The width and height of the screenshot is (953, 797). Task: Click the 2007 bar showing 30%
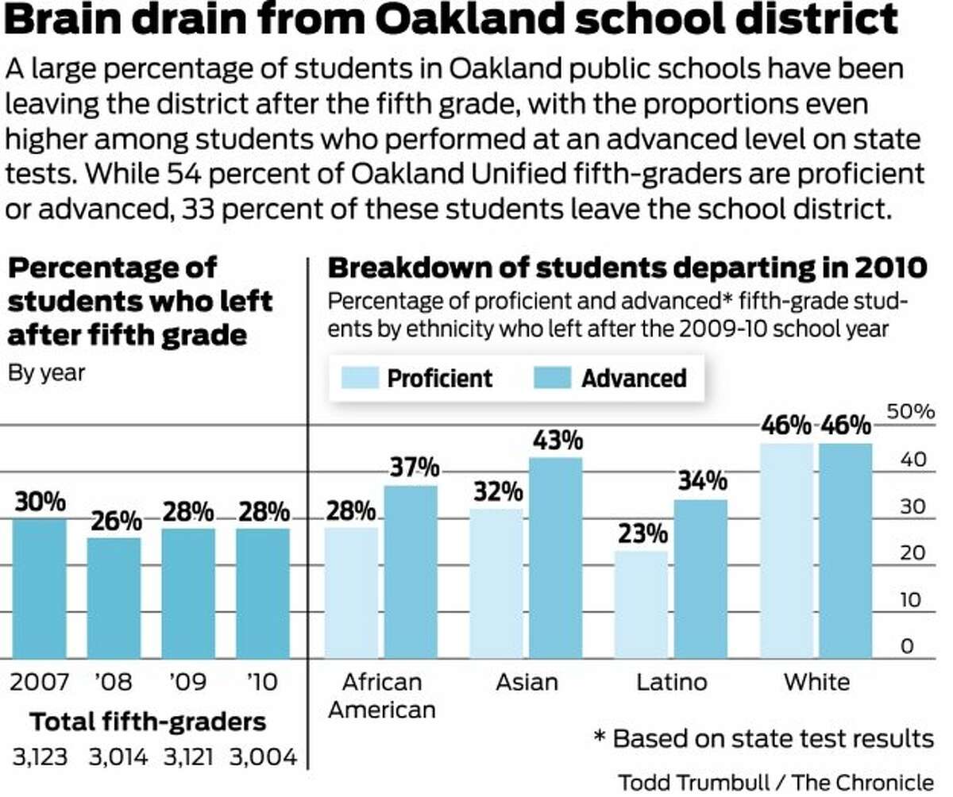[40, 588]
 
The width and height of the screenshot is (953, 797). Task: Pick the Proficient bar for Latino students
[640, 604]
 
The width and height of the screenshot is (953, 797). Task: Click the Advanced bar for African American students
[411, 572]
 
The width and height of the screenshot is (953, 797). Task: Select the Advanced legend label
[634, 378]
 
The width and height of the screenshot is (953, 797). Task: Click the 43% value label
[555, 441]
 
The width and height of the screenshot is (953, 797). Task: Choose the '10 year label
[262, 682]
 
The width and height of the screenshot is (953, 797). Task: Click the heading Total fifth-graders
[148, 722]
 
